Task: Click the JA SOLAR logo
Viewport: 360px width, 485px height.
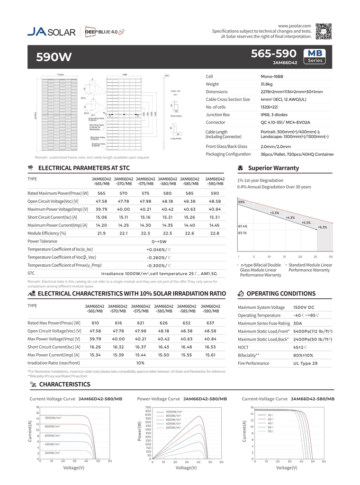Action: [x=51, y=32]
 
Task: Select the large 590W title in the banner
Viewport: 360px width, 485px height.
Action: [x=54, y=57]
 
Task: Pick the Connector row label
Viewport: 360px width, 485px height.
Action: [x=216, y=122]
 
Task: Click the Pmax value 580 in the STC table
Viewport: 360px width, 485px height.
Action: [x=167, y=193]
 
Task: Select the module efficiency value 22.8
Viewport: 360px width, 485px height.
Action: [x=215, y=233]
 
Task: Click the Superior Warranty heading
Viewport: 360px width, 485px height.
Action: [x=273, y=168]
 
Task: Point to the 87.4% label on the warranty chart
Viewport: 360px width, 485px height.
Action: [x=243, y=226]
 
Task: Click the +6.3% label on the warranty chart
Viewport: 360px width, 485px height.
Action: [x=322, y=227]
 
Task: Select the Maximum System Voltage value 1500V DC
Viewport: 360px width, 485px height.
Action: [x=304, y=307]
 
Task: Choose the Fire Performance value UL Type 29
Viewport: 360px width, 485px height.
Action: [x=305, y=363]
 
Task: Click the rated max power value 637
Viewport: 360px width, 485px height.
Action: [x=210, y=323]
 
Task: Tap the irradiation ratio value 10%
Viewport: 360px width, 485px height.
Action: [x=140, y=363]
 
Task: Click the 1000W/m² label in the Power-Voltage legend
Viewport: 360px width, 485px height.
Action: [x=174, y=412]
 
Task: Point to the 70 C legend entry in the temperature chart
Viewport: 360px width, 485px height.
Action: [x=271, y=431]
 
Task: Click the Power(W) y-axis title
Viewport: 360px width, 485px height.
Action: [x=140, y=431]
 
